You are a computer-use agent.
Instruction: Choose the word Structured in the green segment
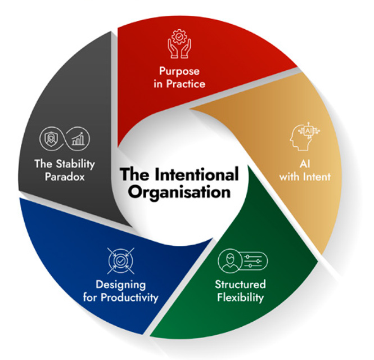[240, 284]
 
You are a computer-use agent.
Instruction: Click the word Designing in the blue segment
[120, 285]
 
